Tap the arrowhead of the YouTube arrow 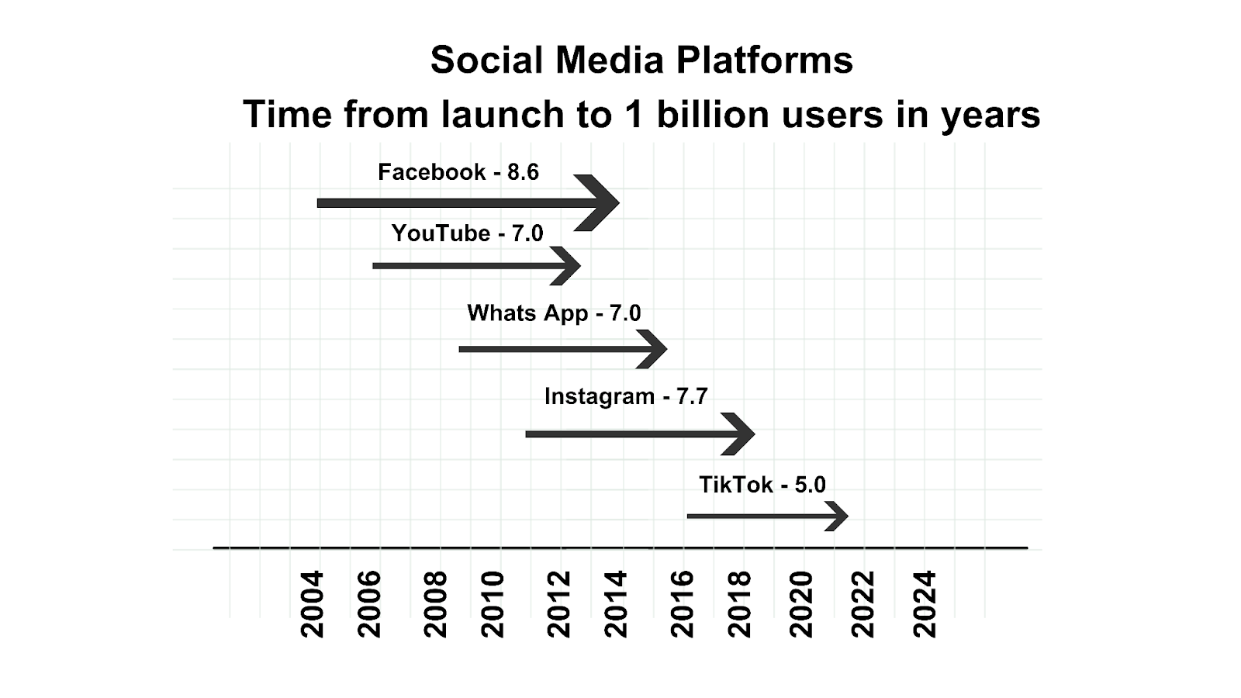point(566,266)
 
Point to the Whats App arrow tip point(668,349)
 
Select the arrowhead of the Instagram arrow point(739,434)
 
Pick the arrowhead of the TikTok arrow point(837,517)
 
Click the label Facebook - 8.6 point(458,172)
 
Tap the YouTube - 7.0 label point(467,233)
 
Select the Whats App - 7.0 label point(554,313)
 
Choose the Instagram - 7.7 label point(626,396)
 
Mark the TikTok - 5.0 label point(762,485)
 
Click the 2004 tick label point(311,605)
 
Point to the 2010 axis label point(493,605)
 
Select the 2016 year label point(682,605)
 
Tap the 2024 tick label point(924,605)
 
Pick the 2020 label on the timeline point(800,605)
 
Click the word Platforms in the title point(765,60)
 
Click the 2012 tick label point(558,605)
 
